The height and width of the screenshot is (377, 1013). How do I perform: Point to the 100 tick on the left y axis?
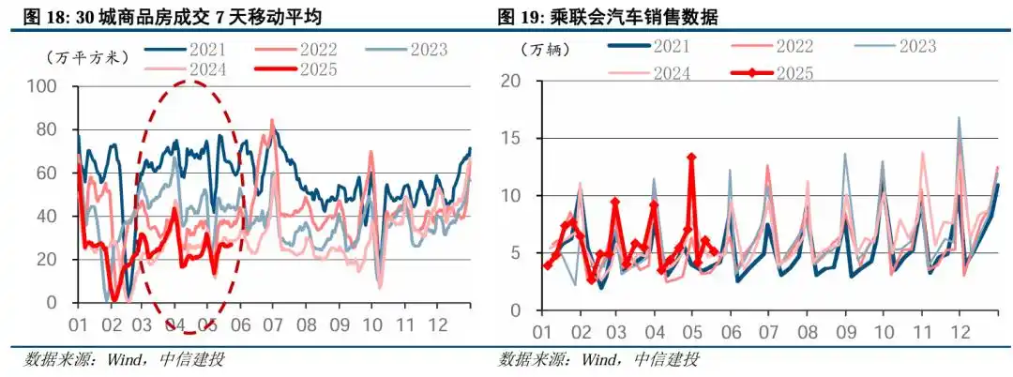point(48,87)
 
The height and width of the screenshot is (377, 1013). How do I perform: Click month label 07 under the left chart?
point(274,325)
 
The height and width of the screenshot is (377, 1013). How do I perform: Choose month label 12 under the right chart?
point(960,334)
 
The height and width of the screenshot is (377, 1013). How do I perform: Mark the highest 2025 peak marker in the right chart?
point(691,158)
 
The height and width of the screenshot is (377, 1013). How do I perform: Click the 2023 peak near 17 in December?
point(959,118)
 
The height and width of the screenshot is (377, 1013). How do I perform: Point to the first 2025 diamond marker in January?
point(547,265)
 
